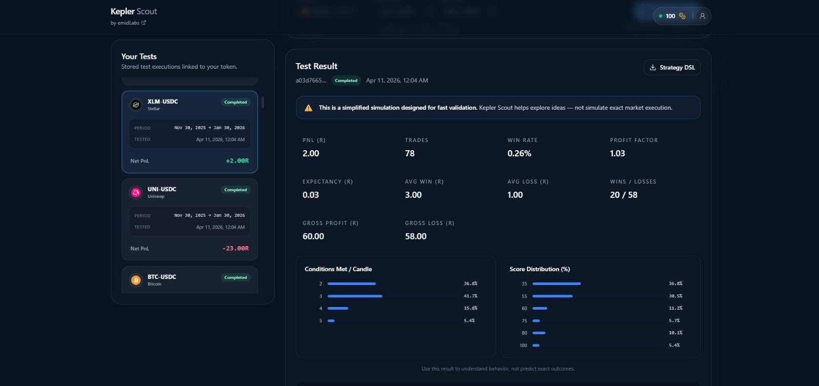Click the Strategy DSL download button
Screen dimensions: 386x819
tap(672, 68)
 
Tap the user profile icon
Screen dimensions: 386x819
tap(702, 16)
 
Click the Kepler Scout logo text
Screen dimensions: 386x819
tap(134, 11)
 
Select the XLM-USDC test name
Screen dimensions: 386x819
tap(163, 101)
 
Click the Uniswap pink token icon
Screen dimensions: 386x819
tap(136, 192)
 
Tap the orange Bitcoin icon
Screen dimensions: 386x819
tap(136, 280)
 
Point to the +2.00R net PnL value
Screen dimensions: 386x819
tap(237, 161)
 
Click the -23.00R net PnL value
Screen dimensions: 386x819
tap(235, 249)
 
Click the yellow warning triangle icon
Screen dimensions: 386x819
tap(308, 108)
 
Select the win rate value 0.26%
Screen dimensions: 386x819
tap(519, 153)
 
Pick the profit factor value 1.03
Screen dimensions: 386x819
tap(617, 153)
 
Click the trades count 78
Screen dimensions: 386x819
tap(409, 153)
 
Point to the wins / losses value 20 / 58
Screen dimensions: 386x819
tap(623, 195)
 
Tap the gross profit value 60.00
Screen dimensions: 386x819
tap(313, 236)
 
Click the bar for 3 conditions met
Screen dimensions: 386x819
tap(355, 296)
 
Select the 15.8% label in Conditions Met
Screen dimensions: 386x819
tap(470, 308)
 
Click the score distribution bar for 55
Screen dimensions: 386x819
tap(552, 296)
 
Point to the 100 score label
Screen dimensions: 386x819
tap(523, 346)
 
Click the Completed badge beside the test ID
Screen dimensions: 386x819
tap(346, 80)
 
